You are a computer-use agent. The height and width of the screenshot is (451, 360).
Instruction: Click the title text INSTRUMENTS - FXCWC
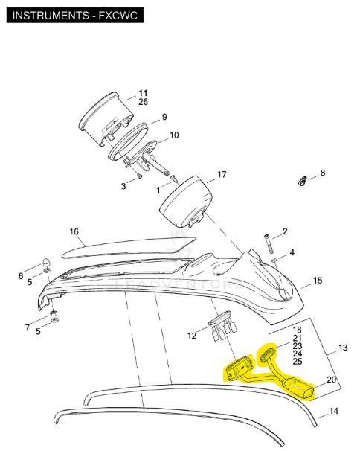(75, 15)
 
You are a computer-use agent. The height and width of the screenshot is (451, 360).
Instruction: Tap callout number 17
(222, 174)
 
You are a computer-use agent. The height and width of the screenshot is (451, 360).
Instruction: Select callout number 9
(164, 117)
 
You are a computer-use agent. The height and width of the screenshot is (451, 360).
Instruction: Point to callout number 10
(174, 135)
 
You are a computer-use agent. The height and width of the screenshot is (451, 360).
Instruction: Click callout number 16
(74, 231)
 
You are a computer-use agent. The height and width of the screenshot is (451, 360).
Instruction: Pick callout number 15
(318, 280)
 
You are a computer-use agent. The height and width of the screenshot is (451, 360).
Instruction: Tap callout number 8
(323, 173)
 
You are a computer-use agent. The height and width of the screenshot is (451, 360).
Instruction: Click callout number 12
(192, 336)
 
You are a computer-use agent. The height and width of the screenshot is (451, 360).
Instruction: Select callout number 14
(333, 411)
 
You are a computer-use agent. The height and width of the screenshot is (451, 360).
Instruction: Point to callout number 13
(343, 348)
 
